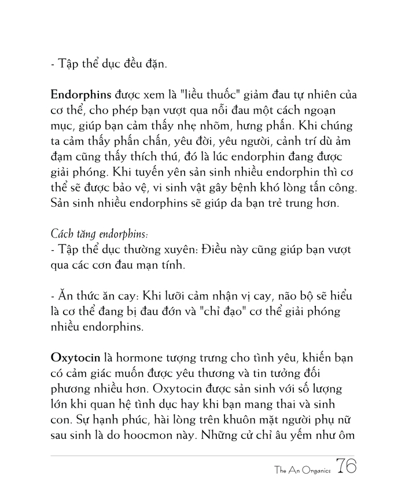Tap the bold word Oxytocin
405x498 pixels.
point(76,357)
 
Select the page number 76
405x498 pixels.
point(345,468)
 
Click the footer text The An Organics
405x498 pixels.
point(303,471)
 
